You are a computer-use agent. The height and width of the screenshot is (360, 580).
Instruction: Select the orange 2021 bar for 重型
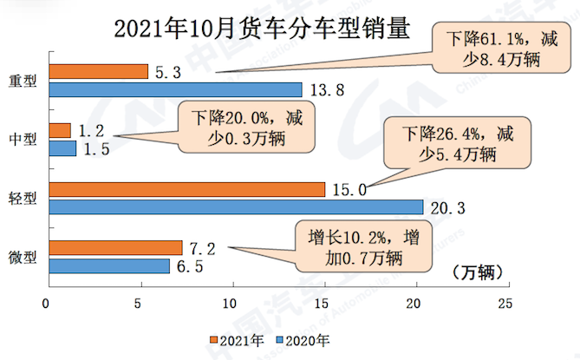pyautogui.click(x=99, y=72)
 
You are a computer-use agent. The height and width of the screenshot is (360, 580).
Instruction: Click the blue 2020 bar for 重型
pyautogui.click(x=176, y=89)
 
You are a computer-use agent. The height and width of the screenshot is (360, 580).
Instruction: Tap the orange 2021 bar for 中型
pyautogui.click(x=61, y=131)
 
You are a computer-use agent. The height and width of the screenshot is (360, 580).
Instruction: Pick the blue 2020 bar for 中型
pyautogui.click(x=63, y=148)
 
